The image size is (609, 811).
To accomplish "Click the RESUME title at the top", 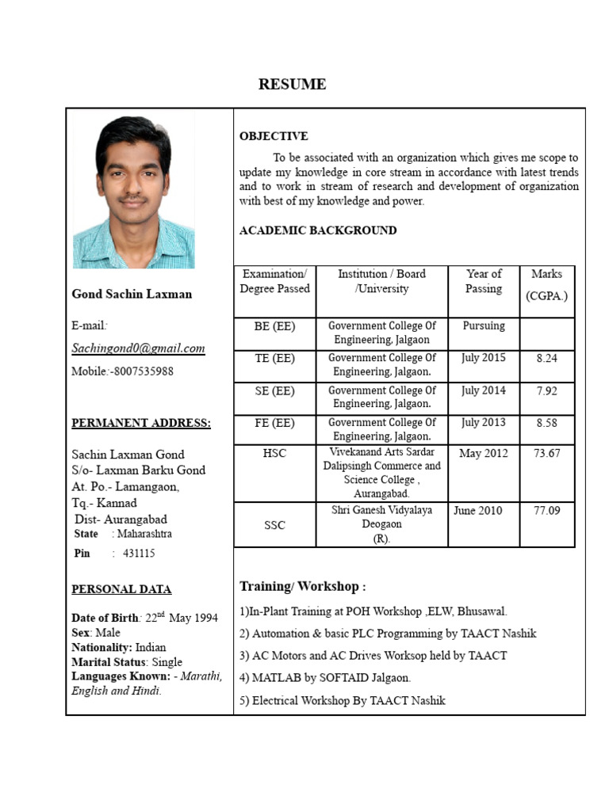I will click(x=292, y=85).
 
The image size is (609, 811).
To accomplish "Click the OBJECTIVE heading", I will click(x=274, y=136).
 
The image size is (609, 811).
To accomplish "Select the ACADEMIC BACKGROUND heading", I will click(x=318, y=230).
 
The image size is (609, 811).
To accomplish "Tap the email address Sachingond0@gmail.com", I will click(x=138, y=348).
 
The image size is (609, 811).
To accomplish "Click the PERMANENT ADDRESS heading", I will click(x=141, y=423).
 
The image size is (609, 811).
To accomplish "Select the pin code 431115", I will click(x=139, y=554).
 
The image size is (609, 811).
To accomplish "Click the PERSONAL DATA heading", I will click(x=121, y=589).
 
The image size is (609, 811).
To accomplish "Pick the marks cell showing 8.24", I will click(x=546, y=358).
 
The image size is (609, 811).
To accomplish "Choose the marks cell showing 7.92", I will click(x=546, y=390).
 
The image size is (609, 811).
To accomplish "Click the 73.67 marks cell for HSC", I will click(x=546, y=453).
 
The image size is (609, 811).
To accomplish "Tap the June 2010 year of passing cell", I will click(x=477, y=511).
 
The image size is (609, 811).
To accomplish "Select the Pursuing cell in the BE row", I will click(x=484, y=326).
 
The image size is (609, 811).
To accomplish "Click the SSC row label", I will click(x=274, y=525).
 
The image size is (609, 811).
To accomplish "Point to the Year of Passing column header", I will click(x=484, y=281).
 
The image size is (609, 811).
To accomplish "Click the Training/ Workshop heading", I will click(x=302, y=587).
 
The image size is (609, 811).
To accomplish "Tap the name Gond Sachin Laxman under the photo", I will click(x=132, y=294).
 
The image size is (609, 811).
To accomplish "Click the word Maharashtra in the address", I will click(x=144, y=534).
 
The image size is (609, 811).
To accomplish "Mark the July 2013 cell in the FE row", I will click(x=483, y=423).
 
